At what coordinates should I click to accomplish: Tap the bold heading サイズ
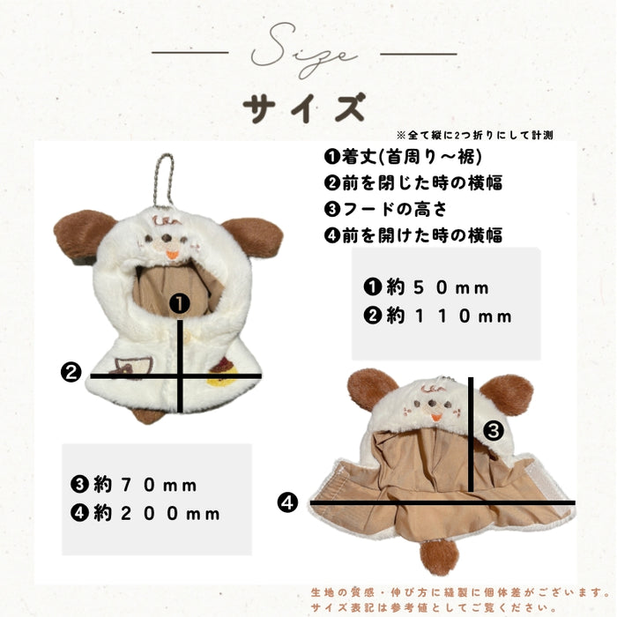pyautogui.click(x=305, y=108)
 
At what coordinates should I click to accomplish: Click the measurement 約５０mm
pyautogui.click(x=427, y=287)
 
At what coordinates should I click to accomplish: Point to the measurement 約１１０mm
pyautogui.click(x=437, y=316)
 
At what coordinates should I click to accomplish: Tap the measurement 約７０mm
pyautogui.click(x=134, y=484)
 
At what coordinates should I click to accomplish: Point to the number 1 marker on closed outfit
pyautogui.click(x=180, y=305)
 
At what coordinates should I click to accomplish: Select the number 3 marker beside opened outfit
pyautogui.click(x=494, y=430)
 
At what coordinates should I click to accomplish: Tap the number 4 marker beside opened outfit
pyautogui.click(x=287, y=503)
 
